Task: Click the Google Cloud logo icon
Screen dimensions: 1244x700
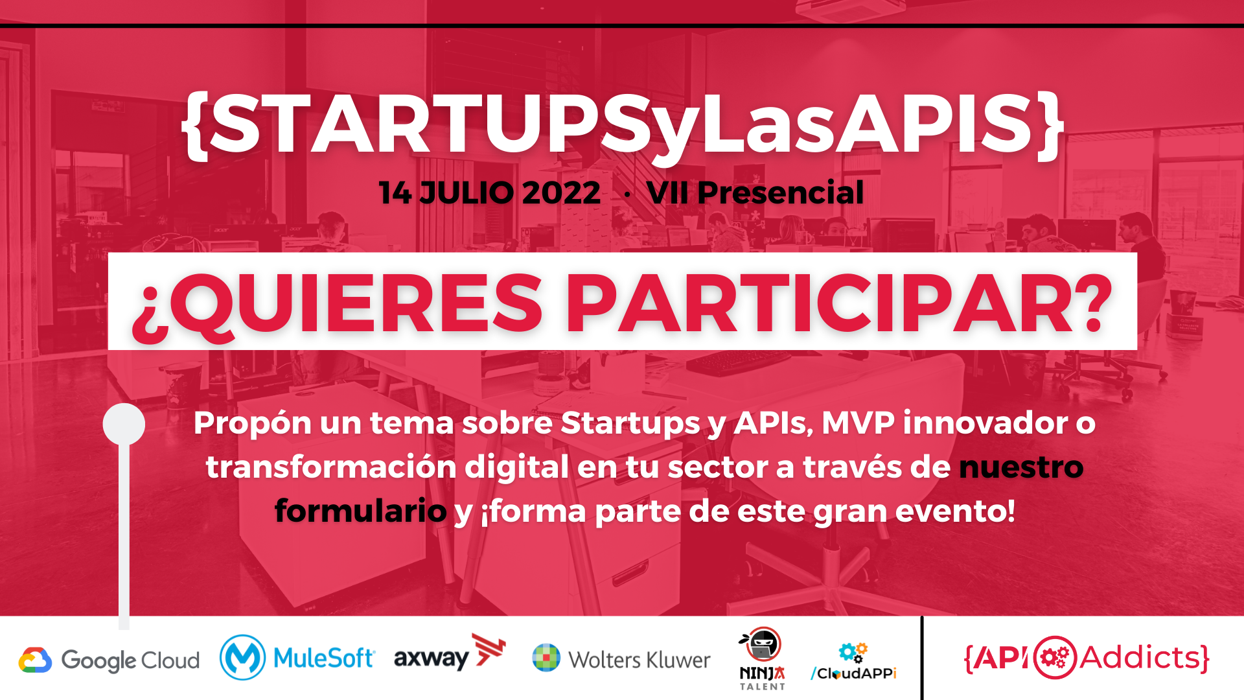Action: click(35, 660)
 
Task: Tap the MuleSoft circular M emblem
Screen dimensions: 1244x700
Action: click(242, 657)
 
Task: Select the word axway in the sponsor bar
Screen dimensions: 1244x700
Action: click(431, 659)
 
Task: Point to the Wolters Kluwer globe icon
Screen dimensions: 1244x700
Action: click(546, 658)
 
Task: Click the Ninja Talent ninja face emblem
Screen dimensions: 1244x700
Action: click(762, 644)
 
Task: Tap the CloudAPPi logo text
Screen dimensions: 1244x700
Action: click(853, 673)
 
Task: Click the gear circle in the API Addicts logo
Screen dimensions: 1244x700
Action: click(1054, 657)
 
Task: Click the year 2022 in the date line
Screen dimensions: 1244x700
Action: click(561, 192)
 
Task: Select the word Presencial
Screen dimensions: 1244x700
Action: click(781, 192)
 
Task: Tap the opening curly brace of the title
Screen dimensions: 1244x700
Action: click(194, 125)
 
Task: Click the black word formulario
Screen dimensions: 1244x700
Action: click(361, 510)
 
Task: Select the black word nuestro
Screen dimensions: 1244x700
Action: click(1021, 467)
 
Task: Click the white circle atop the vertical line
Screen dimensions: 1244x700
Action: click(124, 424)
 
